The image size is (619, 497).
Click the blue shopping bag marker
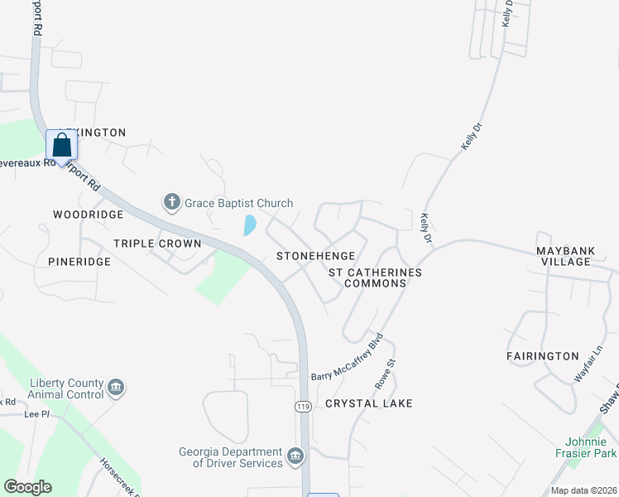(x=62, y=146)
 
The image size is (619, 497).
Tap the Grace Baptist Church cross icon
(x=171, y=201)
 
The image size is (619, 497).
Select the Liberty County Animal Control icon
(x=116, y=387)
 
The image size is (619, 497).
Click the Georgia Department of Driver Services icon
(x=295, y=456)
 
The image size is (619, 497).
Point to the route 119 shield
(x=304, y=407)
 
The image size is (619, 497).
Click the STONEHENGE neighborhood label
(x=315, y=256)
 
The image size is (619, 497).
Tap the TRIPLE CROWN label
(x=157, y=244)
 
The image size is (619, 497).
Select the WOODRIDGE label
(x=88, y=215)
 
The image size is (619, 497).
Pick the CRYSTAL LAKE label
(x=368, y=403)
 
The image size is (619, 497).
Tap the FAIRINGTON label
(x=542, y=356)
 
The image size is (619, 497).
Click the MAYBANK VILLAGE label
(x=575, y=256)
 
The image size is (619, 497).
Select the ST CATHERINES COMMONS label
(x=375, y=277)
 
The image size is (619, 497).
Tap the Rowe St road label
(x=385, y=374)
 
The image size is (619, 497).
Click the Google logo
(x=27, y=487)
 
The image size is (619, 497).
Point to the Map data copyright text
(x=583, y=490)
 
